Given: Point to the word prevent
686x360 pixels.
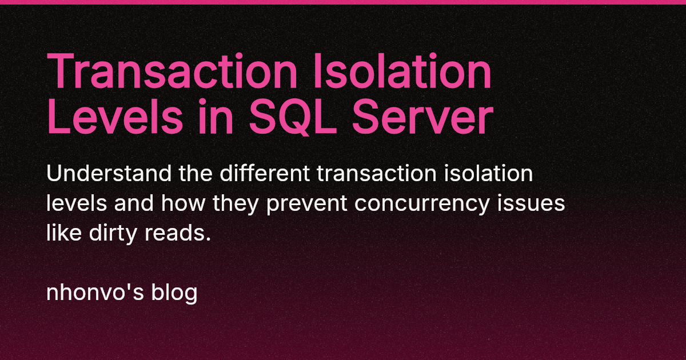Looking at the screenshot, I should pyautogui.click(x=314, y=204).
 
